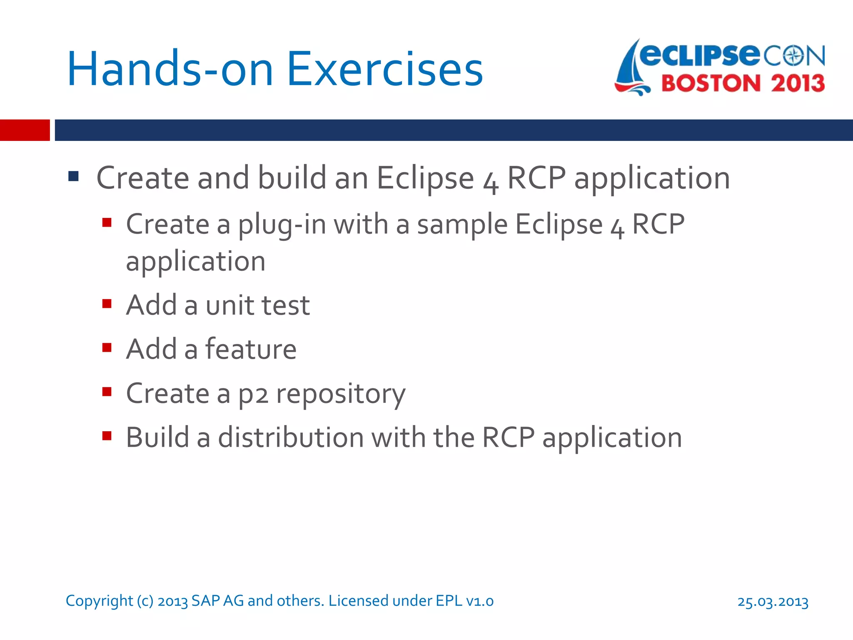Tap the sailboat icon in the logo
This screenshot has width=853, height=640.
click(x=632, y=69)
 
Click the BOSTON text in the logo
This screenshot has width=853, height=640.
click(x=711, y=83)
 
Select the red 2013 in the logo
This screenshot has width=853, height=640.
click(x=798, y=83)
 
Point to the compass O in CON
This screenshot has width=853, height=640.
click(x=794, y=56)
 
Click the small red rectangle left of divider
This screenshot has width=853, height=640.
click(x=25, y=130)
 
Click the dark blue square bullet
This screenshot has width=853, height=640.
click(x=74, y=176)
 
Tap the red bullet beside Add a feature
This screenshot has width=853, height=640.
click(x=107, y=347)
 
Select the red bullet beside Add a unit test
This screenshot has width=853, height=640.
click(x=107, y=303)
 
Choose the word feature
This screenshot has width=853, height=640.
click(x=251, y=349)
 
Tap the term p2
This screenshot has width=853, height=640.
click(x=253, y=394)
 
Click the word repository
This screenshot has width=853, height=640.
click(x=340, y=394)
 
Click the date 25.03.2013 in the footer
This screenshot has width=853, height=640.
click(x=773, y=602)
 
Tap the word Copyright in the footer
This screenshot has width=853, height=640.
click(x=99, y=601)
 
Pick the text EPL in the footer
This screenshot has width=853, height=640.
click(x=449, y=601)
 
